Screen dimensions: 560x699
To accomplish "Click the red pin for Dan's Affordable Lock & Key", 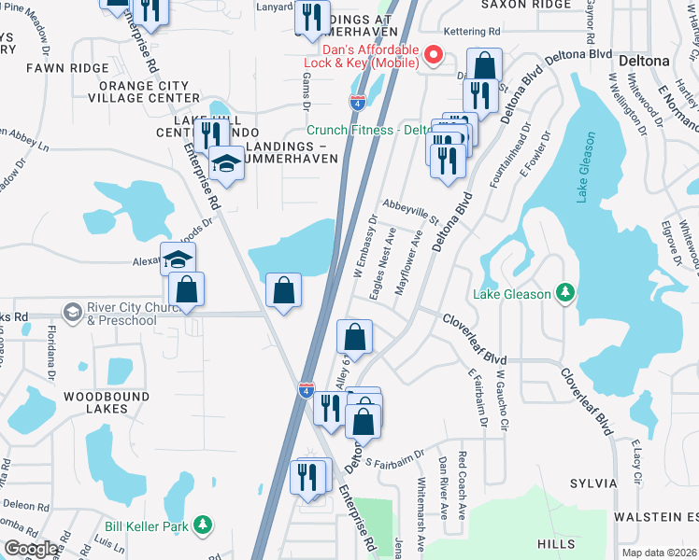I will [433, 55].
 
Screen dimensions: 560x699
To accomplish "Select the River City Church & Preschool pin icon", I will [73, 310].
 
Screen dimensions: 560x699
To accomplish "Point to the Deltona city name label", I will [644, 61].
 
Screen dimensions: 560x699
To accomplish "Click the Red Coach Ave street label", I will [462, 485].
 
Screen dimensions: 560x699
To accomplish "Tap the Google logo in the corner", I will [31, 549].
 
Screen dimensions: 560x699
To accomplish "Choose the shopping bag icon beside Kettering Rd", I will [484, 65].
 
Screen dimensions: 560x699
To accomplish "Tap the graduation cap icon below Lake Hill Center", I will [225, 164].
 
